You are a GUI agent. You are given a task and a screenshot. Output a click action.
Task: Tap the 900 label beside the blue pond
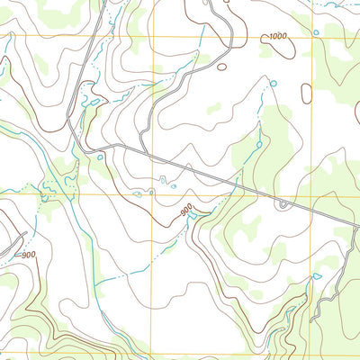186,211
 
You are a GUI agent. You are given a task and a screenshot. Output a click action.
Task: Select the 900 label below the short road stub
27,255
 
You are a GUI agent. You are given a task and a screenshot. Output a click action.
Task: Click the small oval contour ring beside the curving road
221,66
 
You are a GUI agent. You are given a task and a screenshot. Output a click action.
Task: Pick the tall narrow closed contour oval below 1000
307,92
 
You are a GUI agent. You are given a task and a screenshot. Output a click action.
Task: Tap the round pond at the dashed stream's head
273,83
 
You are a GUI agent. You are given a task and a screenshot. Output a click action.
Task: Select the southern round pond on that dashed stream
259,142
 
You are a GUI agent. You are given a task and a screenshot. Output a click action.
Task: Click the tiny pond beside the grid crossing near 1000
316,32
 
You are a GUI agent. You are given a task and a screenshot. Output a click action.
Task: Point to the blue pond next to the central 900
193,219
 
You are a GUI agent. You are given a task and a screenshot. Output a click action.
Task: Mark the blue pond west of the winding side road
315,275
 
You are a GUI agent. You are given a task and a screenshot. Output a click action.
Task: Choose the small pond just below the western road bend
99,157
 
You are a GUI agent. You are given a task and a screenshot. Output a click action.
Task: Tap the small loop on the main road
283,205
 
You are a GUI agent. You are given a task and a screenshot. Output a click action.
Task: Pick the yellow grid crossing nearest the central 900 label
150,193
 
